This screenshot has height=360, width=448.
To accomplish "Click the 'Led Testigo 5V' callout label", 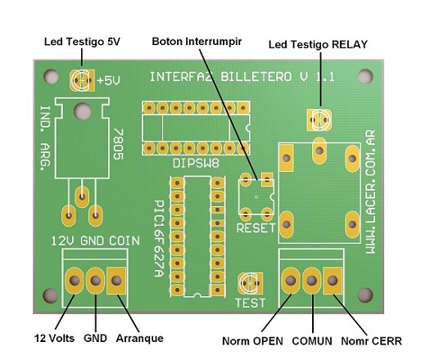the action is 82,42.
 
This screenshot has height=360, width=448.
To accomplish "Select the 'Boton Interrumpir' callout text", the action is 197,42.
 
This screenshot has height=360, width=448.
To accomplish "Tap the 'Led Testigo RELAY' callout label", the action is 318,44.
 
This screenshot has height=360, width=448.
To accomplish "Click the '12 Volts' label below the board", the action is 54,338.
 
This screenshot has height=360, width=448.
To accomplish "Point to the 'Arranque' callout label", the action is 140,339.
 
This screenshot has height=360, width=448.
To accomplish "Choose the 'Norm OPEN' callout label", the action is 252,341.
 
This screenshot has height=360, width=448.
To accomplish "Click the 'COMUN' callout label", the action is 312,341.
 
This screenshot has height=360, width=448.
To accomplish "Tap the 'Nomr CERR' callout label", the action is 372,341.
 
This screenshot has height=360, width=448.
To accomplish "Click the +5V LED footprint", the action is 82,80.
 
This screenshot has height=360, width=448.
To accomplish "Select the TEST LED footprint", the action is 251,283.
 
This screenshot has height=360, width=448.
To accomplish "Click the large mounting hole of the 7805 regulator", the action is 82,111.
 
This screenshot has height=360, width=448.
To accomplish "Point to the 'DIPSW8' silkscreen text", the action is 196,164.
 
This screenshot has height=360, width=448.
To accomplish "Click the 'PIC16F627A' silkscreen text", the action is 159,238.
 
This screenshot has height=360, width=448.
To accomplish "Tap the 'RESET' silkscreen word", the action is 256,228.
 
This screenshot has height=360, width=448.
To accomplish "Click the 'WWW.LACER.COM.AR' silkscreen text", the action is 370,191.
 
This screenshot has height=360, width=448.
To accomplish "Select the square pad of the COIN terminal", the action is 116,281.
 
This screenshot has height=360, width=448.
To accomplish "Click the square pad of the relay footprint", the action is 287,158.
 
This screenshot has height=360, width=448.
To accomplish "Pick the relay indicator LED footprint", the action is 319,120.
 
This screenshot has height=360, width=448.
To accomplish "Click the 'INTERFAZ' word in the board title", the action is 181,77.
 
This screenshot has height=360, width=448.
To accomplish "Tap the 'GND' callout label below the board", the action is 95,338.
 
